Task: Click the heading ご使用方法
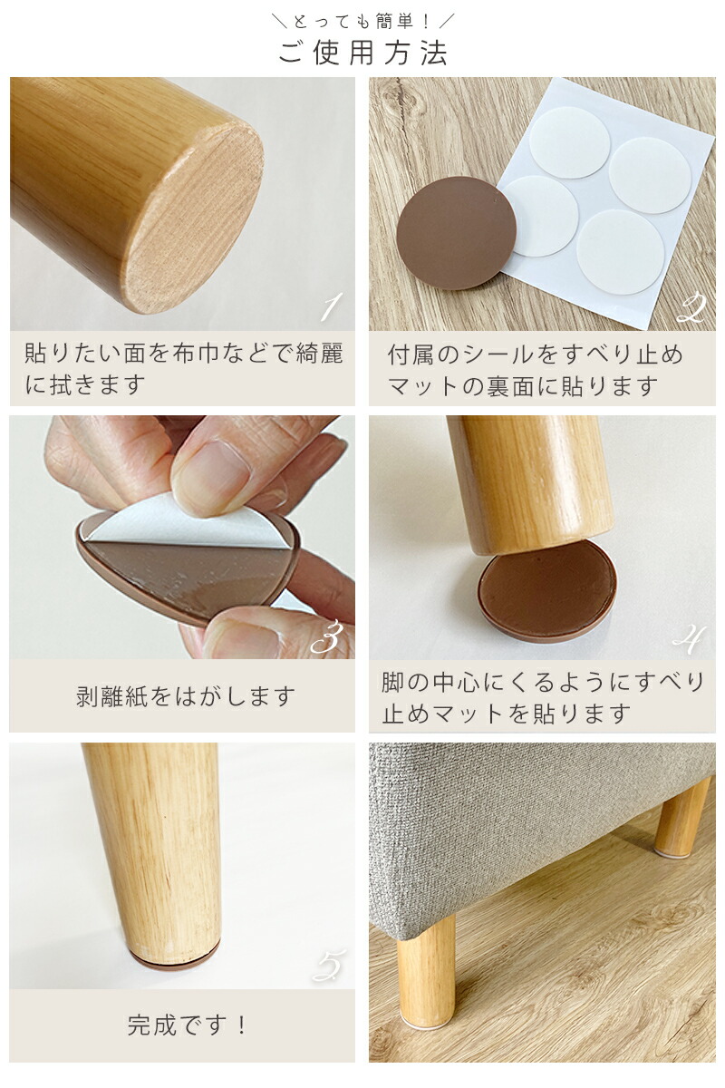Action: tap(362, 53)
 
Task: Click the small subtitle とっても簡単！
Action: tap(362, 22)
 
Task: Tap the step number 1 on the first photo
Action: tap(331, 306)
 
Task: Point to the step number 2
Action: tap(692, 308)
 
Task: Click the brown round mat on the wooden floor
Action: tap(457, 233)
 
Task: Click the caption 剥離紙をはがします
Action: tap(185, 696)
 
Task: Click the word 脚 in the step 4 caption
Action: tap(392, 682)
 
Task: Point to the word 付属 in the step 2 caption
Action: tap(411, 355)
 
